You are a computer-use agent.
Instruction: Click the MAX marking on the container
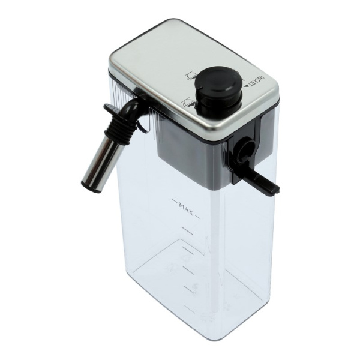click(x=186, y=208)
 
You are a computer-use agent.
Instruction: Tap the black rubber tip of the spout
click(x=85, y=184)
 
